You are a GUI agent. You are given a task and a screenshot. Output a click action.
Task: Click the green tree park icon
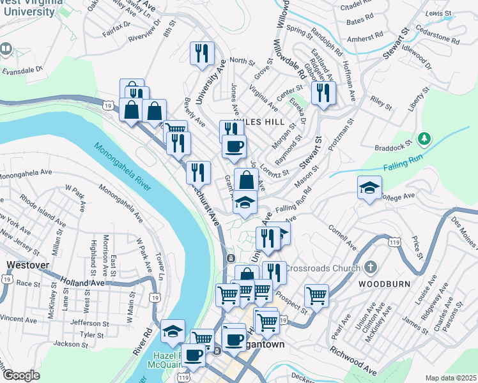(422, 139)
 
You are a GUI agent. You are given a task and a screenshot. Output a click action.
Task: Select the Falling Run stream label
(404, 167)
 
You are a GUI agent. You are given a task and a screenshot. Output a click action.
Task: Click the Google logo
(22, 375)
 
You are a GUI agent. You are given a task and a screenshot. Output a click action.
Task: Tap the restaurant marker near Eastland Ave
(323, 93)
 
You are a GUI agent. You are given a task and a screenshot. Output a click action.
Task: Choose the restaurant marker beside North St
(203, 53)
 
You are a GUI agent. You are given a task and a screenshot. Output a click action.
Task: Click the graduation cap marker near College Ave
(369, 188)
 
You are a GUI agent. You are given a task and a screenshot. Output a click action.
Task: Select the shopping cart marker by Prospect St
(316, 295)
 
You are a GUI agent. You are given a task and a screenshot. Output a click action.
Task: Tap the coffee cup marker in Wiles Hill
(234, 146)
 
